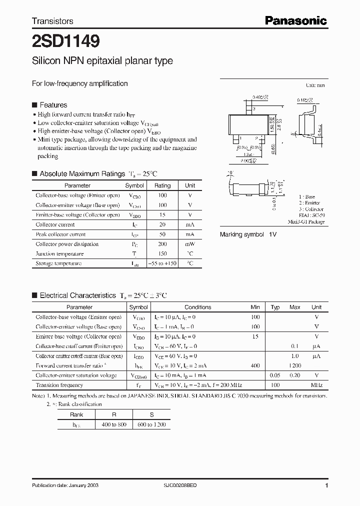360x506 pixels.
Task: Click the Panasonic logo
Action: click(295, 20)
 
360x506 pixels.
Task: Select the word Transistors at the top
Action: click(52, 21)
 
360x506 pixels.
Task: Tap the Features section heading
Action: click(53, 105)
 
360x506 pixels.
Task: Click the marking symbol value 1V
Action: click(272, 234)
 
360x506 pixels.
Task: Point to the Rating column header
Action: click(162, 185)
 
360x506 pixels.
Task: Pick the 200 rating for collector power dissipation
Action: click(162, 244)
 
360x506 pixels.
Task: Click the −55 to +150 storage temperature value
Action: click(162, 263)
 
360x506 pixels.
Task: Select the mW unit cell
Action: click(190, 244)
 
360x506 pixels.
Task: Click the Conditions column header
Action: click(197, 307)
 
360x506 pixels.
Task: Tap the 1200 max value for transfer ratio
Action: click(294, 365)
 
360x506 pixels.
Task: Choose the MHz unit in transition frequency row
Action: click(316, 385)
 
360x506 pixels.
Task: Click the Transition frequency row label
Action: click(59, 385)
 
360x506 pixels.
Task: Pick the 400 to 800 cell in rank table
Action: click(113, 424)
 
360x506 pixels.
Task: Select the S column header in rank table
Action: click(151, 414)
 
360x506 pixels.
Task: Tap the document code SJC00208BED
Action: click(184, 486)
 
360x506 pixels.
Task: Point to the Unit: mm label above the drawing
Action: click(315, 85)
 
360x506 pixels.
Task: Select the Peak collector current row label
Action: click(60, 234)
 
